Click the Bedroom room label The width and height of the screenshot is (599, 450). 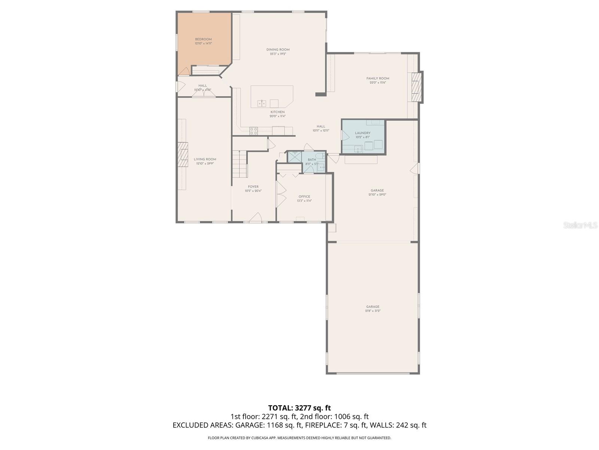pos(203,39)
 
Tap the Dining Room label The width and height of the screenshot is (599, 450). pos(278,49)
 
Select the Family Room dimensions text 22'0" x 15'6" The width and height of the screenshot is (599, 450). pos(378,82)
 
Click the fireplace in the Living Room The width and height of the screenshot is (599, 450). pos(183,154)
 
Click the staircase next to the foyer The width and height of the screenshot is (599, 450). pos(239,164)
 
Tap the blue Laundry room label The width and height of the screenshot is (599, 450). pos(362,133)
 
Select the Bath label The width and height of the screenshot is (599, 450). pos(312,160)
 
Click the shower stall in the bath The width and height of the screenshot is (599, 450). pos(294,156)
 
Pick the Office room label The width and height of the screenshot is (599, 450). pos(304,196)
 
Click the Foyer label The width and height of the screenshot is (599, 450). pos(253,187)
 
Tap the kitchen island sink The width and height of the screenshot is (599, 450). pos(262,103)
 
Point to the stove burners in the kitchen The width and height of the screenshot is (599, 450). pos(253,130)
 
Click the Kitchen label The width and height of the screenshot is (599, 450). pos(277,112)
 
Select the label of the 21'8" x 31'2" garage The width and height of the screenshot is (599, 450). pos(373,307)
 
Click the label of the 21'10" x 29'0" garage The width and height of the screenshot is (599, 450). pos(377,190)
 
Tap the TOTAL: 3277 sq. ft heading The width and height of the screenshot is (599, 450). pos(299,408)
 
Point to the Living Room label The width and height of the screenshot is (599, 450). pos(205,159)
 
